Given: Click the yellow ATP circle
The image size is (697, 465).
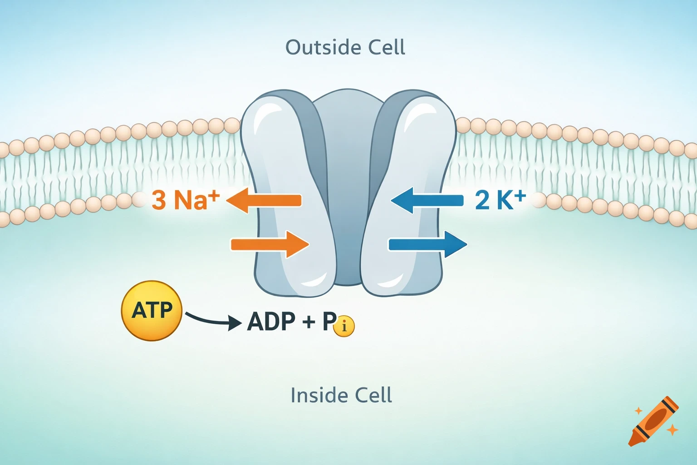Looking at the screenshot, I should [x=152, y=311].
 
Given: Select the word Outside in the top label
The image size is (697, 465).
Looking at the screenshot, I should [x=317, y=47].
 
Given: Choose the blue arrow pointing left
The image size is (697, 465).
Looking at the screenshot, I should [x=427, y=200].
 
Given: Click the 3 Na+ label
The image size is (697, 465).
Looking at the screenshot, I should [x=185, y=200].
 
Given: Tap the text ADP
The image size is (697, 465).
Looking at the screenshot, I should [x=271, y=322].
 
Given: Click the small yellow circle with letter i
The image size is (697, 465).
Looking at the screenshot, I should [x=344, y=326].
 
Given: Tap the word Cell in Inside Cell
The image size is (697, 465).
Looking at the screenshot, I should [x=373, y=395].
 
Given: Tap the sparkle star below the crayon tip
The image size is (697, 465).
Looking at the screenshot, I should [x=672, y=429].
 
